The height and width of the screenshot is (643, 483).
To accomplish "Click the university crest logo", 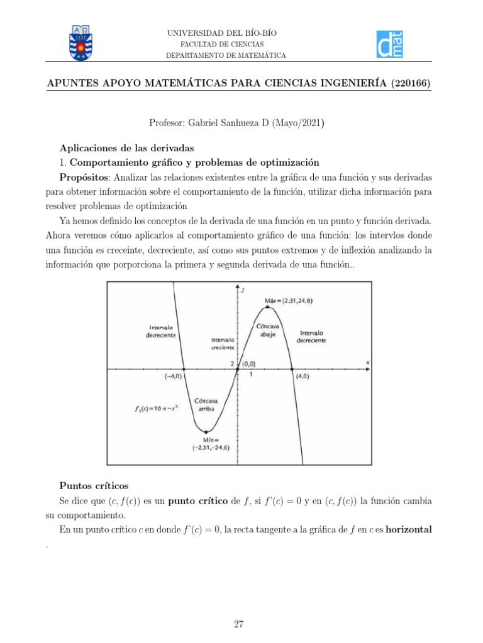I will point(81,43).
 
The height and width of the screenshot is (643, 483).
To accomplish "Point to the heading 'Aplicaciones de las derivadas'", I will point(127,148).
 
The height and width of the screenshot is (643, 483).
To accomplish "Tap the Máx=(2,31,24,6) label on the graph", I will point(289,301).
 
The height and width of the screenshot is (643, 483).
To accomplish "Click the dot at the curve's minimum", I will point(206,431).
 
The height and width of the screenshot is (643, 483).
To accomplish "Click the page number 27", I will point(238,624).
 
